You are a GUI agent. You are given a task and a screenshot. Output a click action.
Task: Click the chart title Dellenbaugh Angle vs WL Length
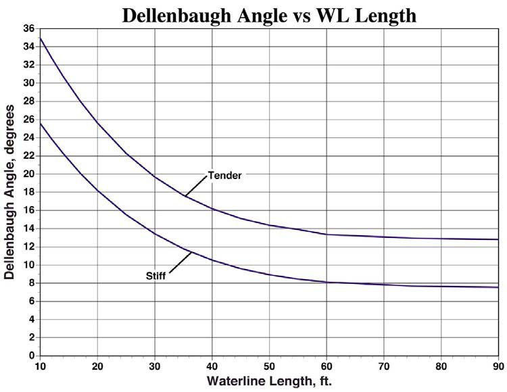268,15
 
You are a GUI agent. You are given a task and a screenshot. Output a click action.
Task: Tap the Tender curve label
225,174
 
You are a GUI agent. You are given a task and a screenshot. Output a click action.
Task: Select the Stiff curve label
156,275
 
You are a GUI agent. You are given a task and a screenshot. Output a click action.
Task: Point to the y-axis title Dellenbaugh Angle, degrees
9,192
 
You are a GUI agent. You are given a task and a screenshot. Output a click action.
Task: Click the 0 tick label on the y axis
31,356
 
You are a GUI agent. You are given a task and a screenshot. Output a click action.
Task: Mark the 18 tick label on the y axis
28,192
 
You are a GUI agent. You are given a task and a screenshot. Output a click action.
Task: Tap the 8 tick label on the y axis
31,283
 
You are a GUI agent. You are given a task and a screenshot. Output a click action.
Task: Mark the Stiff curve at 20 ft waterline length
98,191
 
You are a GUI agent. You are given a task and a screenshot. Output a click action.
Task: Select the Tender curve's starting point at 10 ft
41,39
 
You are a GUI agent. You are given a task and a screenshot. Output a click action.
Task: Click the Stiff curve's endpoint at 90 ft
498,287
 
